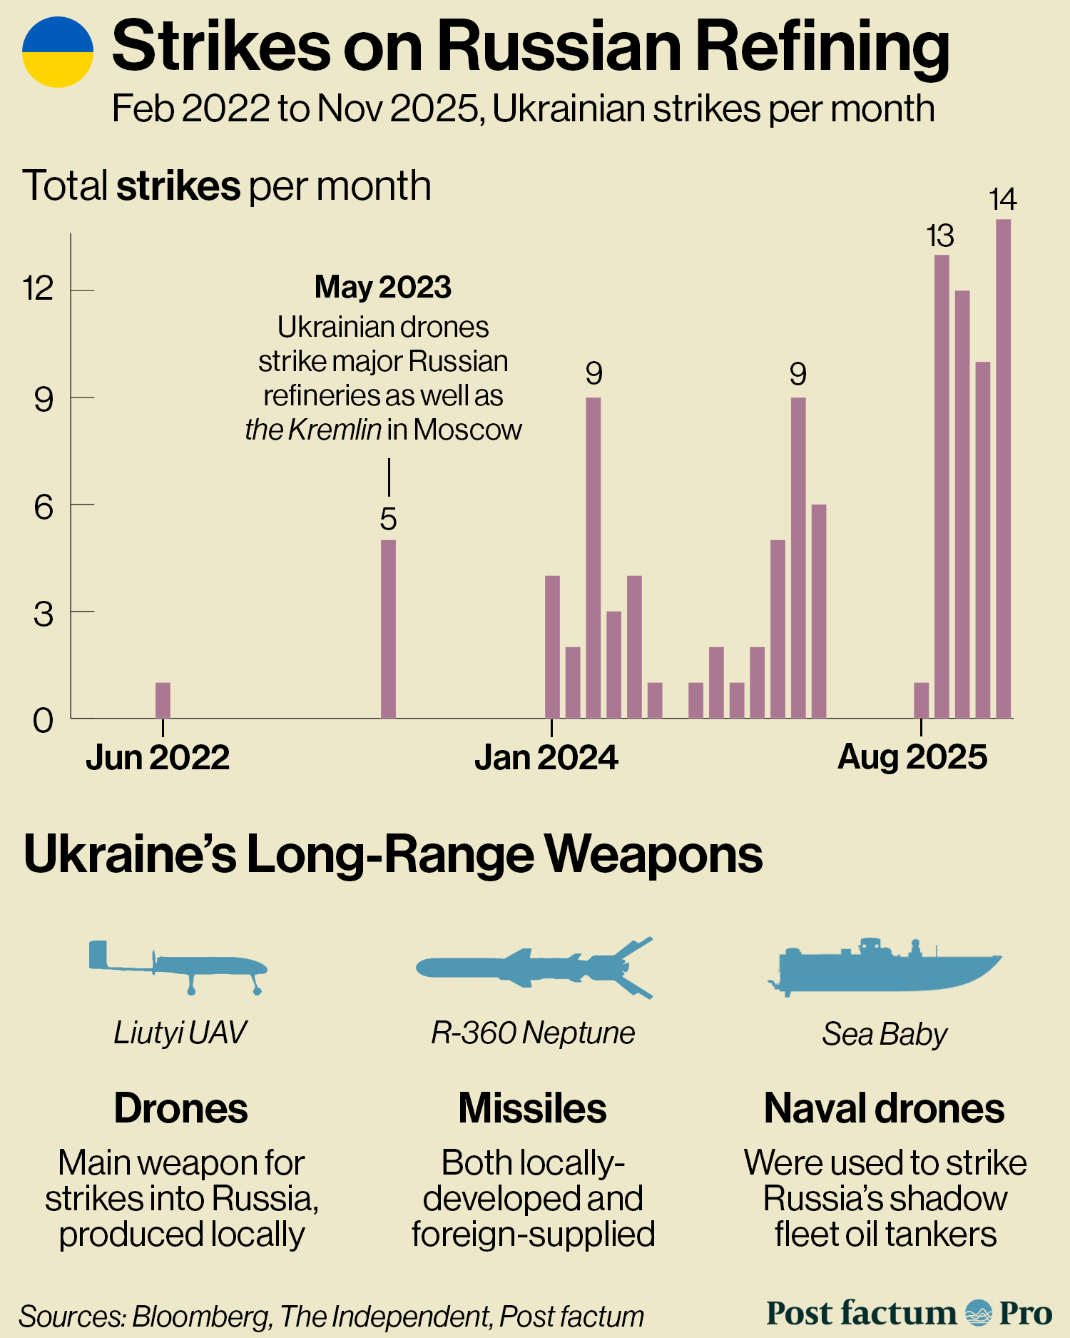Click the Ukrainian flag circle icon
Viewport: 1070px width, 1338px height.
click(58, 52)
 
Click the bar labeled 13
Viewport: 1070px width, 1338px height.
click(942, 485)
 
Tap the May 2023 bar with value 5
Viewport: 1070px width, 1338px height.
click(388, 628)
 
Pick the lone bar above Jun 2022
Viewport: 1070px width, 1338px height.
click(163, 700)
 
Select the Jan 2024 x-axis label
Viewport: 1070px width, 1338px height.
click(546, 757)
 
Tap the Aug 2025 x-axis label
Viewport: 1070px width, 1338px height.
click(912, 756)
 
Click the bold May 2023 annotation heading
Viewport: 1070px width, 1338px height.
click(383, 287)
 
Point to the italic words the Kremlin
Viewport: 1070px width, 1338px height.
click(313, 430)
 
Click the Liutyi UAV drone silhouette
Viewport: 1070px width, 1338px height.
click(178, 968)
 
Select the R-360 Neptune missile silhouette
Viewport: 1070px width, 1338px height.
click(534, 968)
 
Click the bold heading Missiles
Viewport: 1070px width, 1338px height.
click(532, 1108)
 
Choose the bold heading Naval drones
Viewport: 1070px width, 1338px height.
click(884, 1108)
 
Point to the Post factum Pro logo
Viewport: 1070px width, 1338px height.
click(909, 1313)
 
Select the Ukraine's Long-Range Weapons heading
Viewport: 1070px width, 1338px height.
click(393, 854)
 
